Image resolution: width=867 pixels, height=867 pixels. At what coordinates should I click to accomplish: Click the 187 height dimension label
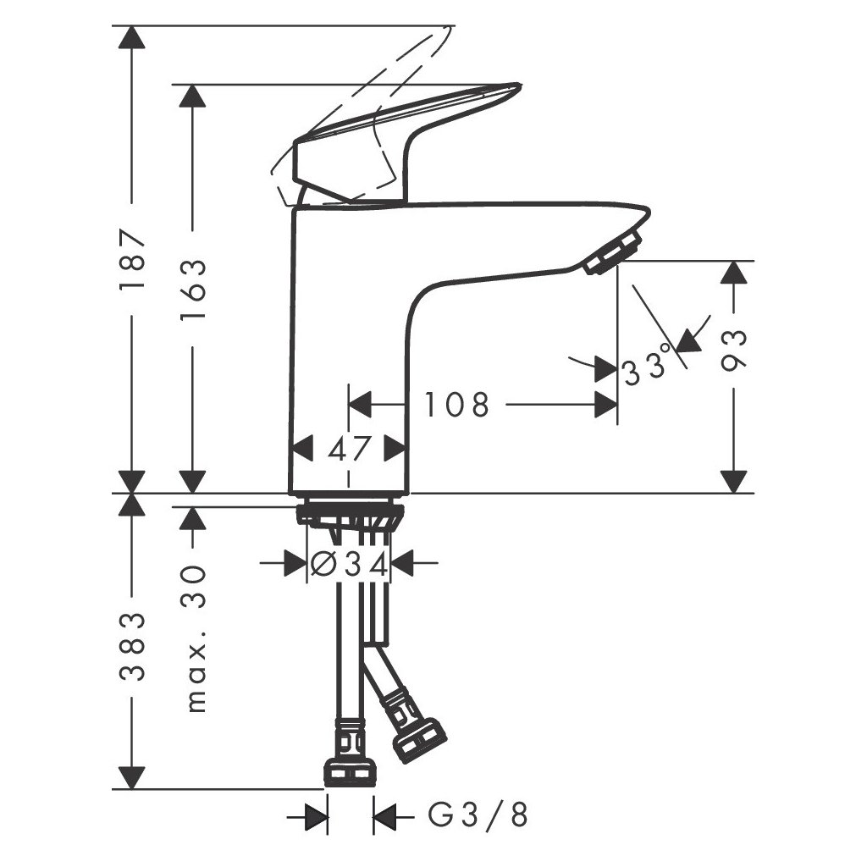pyautogui.click(x=132, y=257)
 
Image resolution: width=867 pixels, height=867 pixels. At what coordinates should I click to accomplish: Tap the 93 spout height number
pyautogui.click(x=734, y=350)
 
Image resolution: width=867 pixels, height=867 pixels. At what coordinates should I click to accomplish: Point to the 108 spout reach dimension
pyautogui.click(x=456, y=405)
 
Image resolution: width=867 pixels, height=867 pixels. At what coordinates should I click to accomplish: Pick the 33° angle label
pyautogui.click(x=648, y=363)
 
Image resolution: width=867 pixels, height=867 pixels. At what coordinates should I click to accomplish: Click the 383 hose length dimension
pyautogui.click(x=132, y=646)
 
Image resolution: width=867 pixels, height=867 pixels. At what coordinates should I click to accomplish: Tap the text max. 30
pyautogui.click(x=195, y=638)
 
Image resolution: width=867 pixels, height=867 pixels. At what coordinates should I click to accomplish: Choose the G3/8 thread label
pyautogui.click(x=478, y=815)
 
